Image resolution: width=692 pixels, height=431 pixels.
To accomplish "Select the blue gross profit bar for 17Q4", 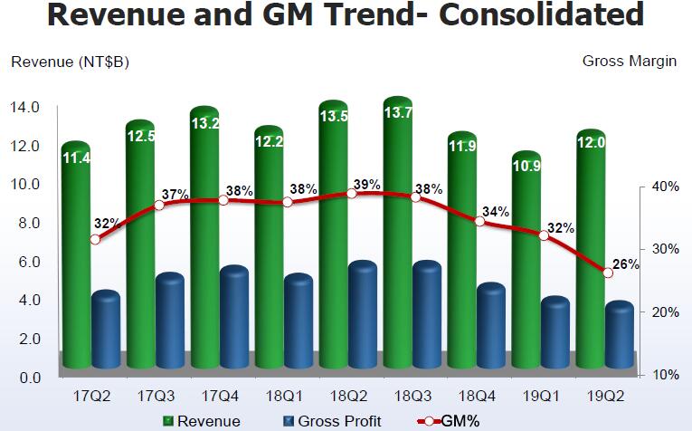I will (x=234, y=317).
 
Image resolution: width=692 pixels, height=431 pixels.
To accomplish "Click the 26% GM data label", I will (x=626, y=264).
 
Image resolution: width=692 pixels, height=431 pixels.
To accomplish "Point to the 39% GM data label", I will (x=366, y=184).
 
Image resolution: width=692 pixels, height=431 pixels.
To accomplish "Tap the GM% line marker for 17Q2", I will (x=95, y=239).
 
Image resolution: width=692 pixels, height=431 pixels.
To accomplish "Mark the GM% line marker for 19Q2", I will (x=608, y=273).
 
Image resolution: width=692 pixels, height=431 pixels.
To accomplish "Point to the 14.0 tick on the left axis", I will (x=24, y=107).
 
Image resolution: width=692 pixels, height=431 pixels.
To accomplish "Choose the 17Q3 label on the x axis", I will (x=157, y=397).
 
